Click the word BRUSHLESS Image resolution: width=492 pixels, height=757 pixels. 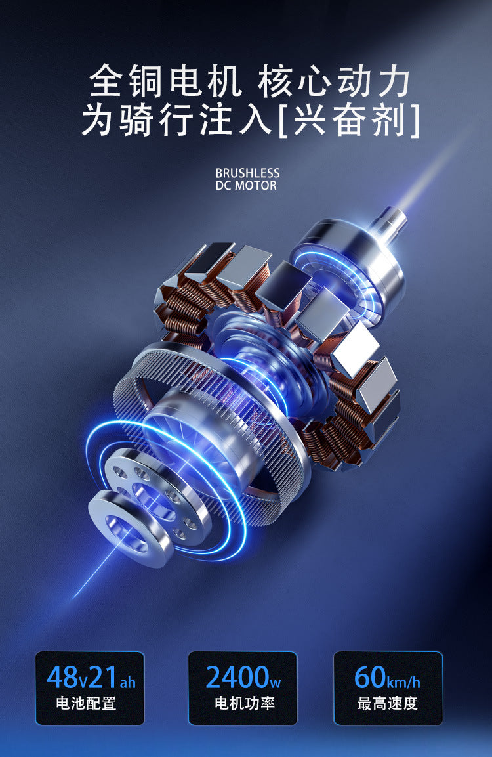tap(247, 173)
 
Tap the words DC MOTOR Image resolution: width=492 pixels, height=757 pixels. tap(246, 185)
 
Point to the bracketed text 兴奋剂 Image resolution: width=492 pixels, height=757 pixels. tap(350, 119)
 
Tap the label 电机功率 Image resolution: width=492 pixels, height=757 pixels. tap(245, 703)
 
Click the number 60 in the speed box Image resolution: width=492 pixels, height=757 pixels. tap(370, 677)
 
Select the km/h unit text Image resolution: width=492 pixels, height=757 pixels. tap(403, 681)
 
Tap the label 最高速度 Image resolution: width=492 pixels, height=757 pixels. tap(387, 703)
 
